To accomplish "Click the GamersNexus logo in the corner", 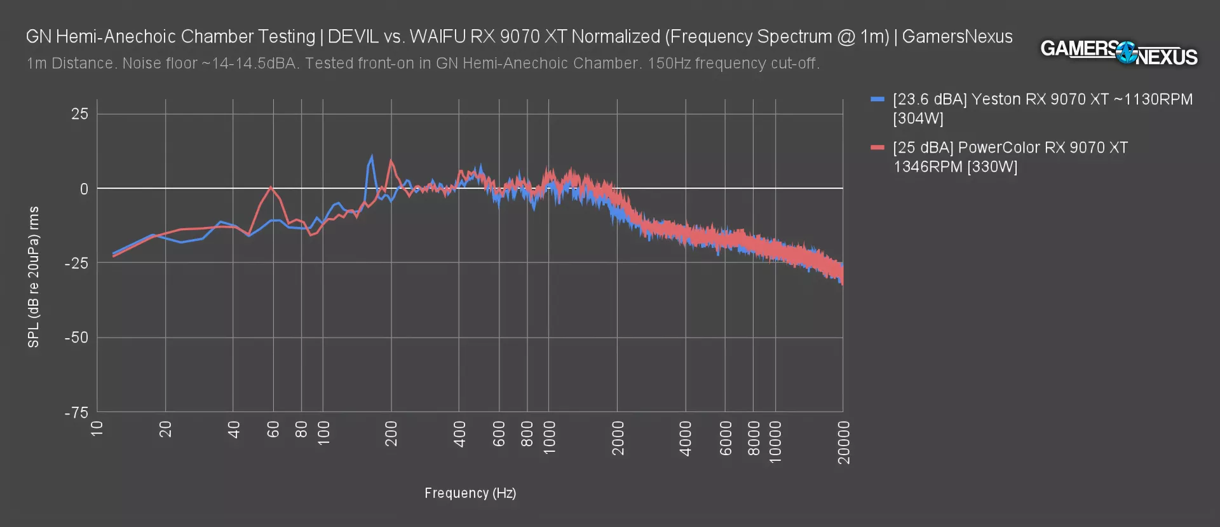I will pyautogui.click(x=1118, y=53).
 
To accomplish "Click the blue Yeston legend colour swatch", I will pyautogui.click(x=878, y=100).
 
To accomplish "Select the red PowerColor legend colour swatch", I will pyautogui.click(x=878, y=148).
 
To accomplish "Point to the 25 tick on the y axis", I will pyautogui.click(x=80, y=114).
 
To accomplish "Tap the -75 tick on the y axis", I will pyautogui.click(x=77, y=413).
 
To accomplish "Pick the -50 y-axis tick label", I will pyautogui.click(x=77, y=338).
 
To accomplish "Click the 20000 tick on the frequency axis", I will pyautogui.click(x=844, y=442).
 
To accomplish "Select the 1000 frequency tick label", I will pyautogui.click(x=550, y=437).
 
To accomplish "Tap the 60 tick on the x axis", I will pyautogui.click(x=274, y=430).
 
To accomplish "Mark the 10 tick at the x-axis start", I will pyautogui.click(x=97, y=429).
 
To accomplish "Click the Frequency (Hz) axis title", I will pyautogui.click(x=470, y=493).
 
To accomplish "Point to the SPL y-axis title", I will pyautogui.click(x=34, y=277).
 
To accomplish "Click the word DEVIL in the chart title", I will pyautogui.click(x=353, y=37).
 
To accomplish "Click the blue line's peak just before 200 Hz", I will pyautogui.click(x=371, y=156).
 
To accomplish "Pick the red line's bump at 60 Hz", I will pyautogui.click(x=271, y=187).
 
